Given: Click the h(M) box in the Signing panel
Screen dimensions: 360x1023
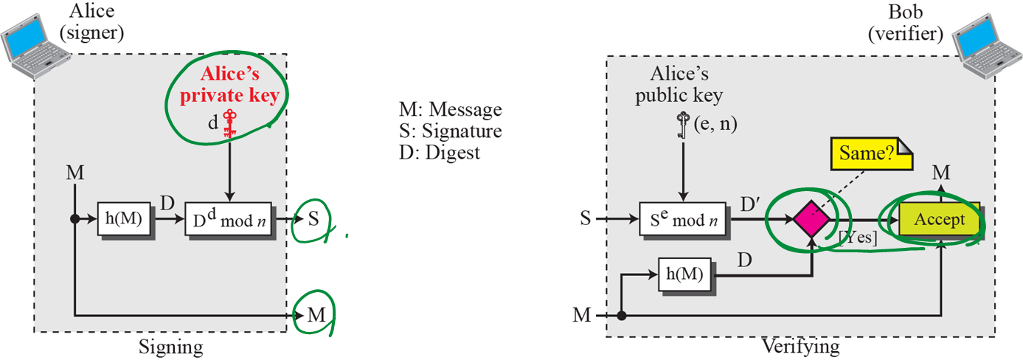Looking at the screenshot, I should click(x=125, y=219).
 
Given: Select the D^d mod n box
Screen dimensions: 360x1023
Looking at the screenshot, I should click(x=228, y=220).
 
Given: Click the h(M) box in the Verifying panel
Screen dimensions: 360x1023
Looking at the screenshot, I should click(x=684, y=275).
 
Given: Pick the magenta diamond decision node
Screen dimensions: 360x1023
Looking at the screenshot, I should click(x=811, y=219).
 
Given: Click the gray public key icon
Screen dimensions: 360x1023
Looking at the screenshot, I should click(x=683, y=125).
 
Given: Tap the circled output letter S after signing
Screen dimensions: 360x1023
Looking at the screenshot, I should click(x=313, y=219).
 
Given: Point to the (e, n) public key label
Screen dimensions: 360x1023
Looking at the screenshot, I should click(x=715, y=125).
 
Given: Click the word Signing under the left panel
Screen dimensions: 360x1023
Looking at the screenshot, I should click(x=170, y=347).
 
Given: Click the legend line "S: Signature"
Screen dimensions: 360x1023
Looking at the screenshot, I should click(x=450, y=131).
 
